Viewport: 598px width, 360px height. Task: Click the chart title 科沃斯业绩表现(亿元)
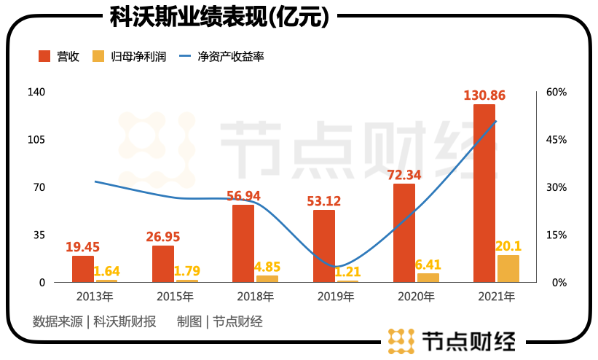[x=219, y=16]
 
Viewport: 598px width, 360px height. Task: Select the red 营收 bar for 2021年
[x=484, y=193]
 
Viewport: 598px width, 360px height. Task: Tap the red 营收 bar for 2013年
[x=83, y=269]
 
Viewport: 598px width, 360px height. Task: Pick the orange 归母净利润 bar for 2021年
[x=508, y=268]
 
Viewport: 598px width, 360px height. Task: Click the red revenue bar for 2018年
[x=243, y=243]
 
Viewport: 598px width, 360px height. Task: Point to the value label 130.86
[x=484, y=95]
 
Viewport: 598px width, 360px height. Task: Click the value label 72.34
[x=404, y=175]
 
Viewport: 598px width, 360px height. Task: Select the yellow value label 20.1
[x=508, y=246]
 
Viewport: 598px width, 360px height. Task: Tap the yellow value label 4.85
[x=267, y=267]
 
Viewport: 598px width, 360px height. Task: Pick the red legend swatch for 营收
[x=44, y=56]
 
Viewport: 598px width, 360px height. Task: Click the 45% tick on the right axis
[x=556, y=139]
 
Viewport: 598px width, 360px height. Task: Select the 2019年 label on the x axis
[x=336, y=297]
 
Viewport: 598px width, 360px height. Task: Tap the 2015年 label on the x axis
[x=175, y=297]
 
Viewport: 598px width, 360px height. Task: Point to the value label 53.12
[x=323, y=201]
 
